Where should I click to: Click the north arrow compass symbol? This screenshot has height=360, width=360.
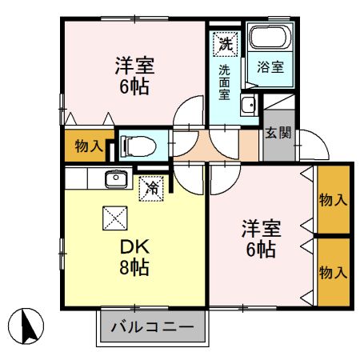[26, 326]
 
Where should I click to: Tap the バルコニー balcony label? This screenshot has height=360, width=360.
[152, 328]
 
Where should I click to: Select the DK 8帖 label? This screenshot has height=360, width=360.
[134, 255]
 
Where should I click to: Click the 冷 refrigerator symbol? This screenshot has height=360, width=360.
[150, 189]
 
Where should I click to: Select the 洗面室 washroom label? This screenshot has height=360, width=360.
[226, 81]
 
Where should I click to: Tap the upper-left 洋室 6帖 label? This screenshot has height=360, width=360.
[134, 74]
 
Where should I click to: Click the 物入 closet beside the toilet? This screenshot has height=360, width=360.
[88, 146]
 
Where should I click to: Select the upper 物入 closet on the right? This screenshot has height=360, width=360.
[334, 200]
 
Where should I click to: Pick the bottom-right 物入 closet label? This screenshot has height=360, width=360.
[334, 273]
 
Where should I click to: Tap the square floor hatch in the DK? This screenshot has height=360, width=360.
[114, 218]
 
